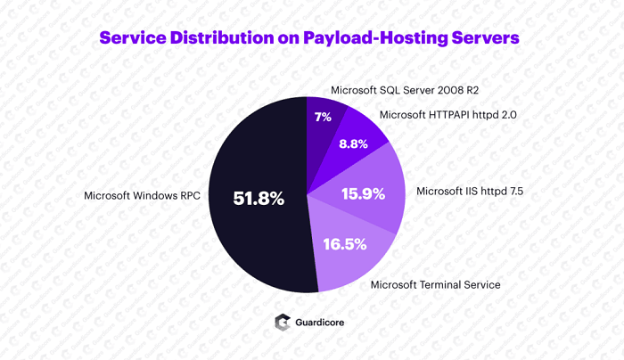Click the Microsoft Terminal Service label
[435, 284]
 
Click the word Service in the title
[135, 38]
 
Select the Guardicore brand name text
[325, 323]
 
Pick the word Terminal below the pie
[436, 284]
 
